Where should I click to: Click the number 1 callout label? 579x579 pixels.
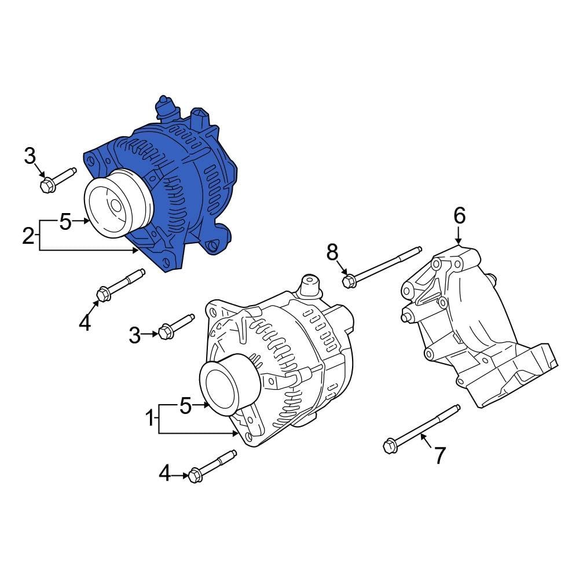coord(149,418)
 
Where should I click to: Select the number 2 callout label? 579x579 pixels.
coord(28,236)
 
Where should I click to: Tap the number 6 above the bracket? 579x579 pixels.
coord(459,216)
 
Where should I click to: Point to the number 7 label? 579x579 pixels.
coord(440,456)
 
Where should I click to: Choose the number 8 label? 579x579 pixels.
coord(332,252)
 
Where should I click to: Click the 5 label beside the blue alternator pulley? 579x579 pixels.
coord(65,221)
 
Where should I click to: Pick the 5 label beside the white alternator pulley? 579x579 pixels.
coord(185,406)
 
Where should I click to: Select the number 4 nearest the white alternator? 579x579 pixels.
coord(165,475)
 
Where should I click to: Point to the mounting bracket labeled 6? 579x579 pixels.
coord(475,330)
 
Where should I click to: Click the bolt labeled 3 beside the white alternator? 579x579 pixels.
coord(176,326)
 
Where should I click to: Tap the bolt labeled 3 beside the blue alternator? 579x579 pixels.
coord(57,178)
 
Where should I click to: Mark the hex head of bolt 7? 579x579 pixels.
coord(389,446)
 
